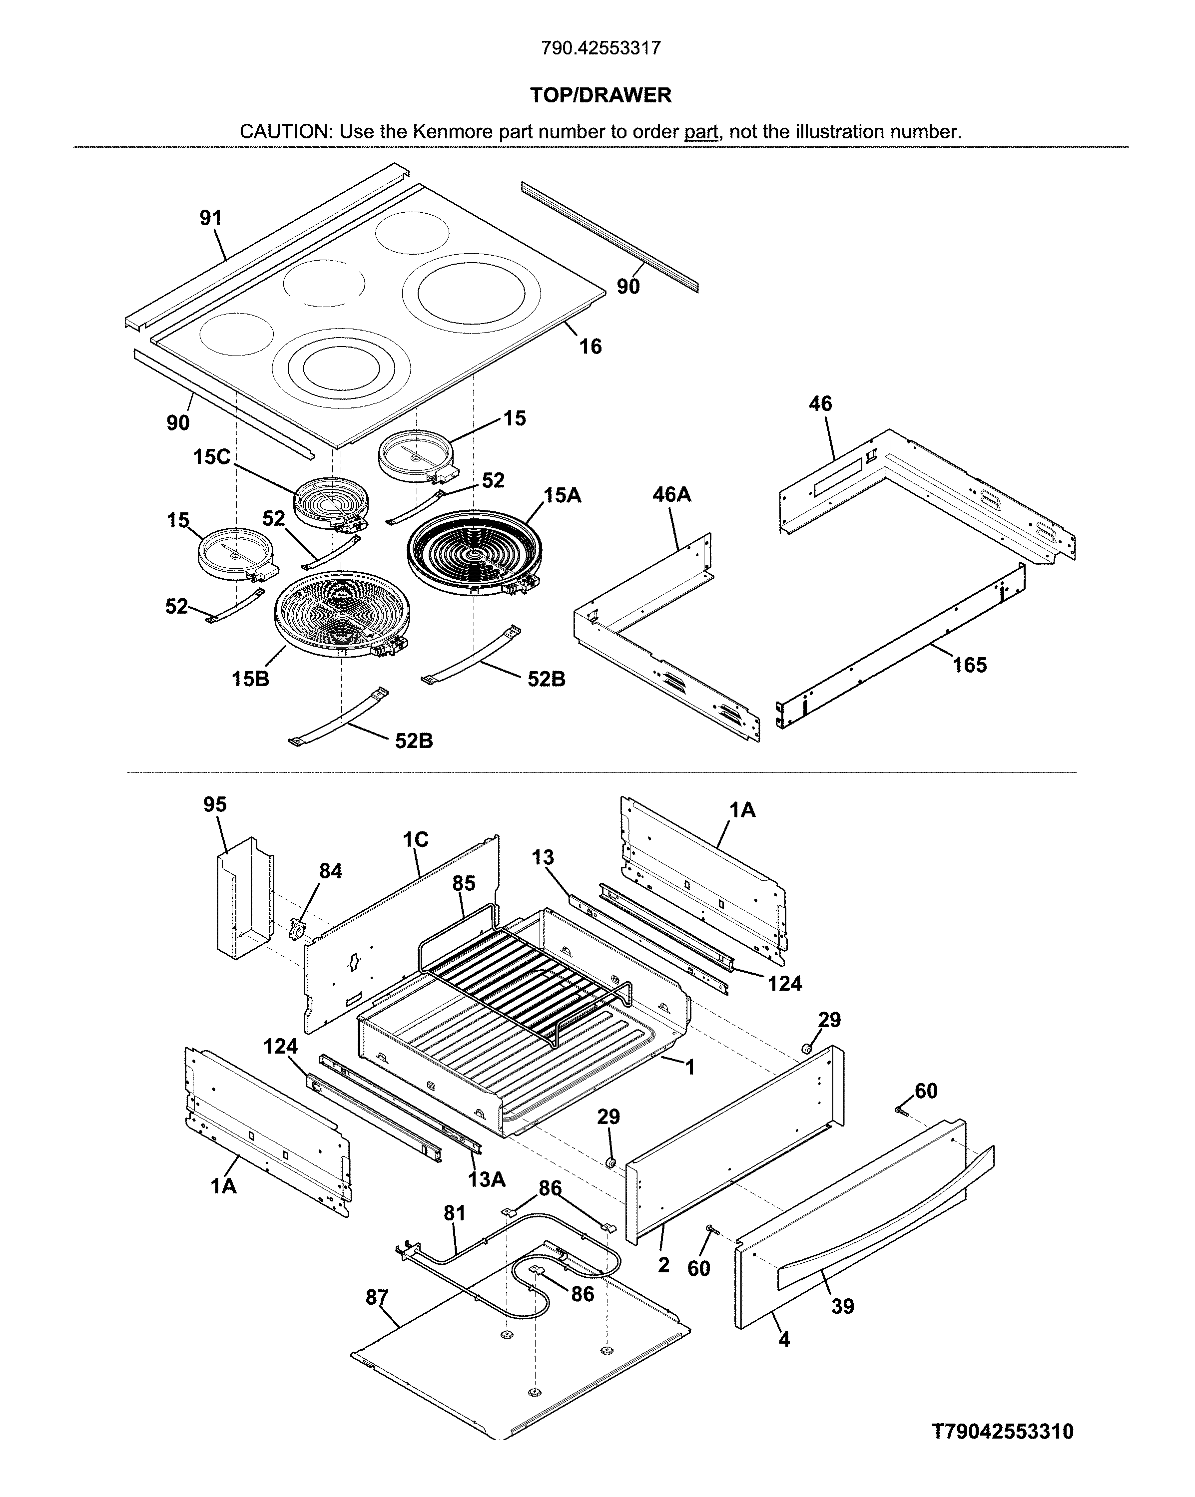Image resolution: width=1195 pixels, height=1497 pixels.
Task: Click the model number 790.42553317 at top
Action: click(600, 48)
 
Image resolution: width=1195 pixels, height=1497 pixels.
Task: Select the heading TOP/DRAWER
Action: click(600, 95)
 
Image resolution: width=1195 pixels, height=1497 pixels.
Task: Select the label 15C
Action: click(211, 457)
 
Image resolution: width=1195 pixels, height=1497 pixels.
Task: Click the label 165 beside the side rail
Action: click(969, 665)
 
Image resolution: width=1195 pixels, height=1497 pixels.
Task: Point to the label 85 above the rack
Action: click(464, 883)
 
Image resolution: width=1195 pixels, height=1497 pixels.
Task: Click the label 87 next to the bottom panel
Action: click(377, 1297)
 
